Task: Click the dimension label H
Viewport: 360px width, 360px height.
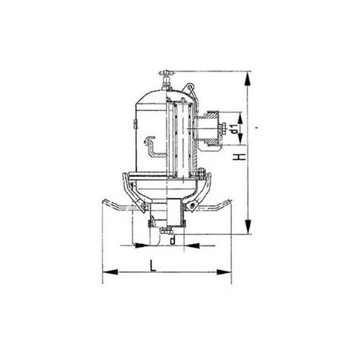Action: coord(240,157)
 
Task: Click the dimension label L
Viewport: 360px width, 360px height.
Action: coord(153,266)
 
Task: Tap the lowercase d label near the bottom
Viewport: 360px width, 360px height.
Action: coord(173,240)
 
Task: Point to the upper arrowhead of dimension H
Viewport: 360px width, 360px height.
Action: coord(248,78)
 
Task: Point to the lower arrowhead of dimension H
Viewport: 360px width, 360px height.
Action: coord(248,227)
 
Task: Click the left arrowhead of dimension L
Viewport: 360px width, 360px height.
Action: coord(110,272)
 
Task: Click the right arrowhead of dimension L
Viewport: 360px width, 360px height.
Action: coord(224,272)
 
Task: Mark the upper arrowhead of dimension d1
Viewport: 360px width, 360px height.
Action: coord(240,117)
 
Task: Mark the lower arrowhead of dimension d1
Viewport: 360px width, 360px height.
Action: coord(240,139)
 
